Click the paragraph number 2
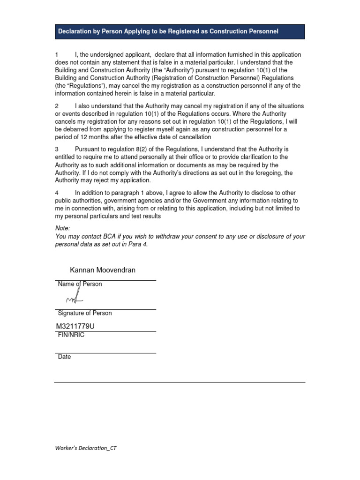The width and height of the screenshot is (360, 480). tap(57, 106)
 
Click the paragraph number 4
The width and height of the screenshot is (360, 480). tap(57, 193)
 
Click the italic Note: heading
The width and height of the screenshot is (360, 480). tap(62, 228)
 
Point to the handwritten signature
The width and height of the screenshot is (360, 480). tap(74, 298)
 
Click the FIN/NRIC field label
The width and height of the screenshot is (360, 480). tap(71, 335)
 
